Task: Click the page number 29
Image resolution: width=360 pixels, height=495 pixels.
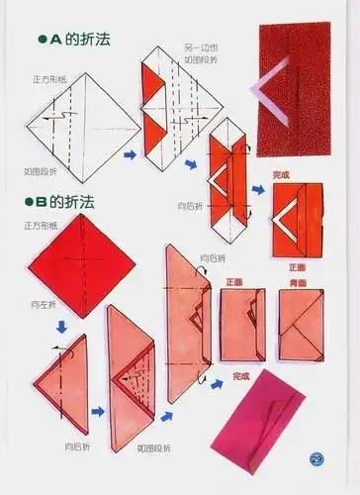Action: tap(316, 458)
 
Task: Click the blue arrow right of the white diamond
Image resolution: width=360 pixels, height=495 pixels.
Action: tap(130, 154)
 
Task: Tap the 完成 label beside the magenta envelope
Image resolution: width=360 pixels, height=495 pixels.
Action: tap(240, 375)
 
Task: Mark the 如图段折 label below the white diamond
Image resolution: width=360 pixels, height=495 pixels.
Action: tap(42, 170)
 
